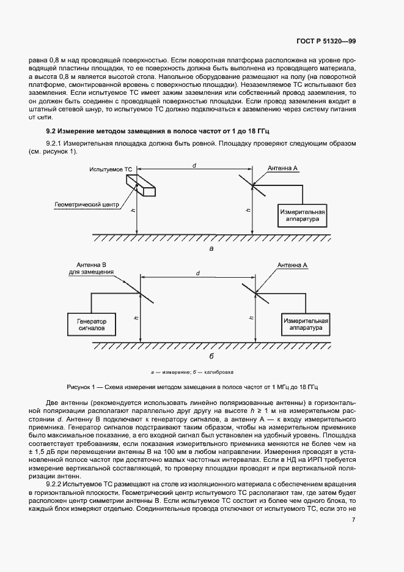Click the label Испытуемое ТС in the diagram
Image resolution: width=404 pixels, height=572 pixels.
[x=110, y=168]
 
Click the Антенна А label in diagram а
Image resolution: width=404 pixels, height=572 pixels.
[x=283, y=168]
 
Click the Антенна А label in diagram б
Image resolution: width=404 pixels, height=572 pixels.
[x=293, y=266]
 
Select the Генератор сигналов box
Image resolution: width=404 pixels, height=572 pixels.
[x=92, y=324]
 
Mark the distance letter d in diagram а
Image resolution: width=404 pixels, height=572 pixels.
[x=194, y=165]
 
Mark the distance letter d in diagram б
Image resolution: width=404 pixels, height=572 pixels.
[x=199, y=273]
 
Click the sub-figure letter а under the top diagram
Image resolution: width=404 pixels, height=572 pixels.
[x=211, y=249]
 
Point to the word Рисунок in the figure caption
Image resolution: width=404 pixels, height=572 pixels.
[x=81, y=387]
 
